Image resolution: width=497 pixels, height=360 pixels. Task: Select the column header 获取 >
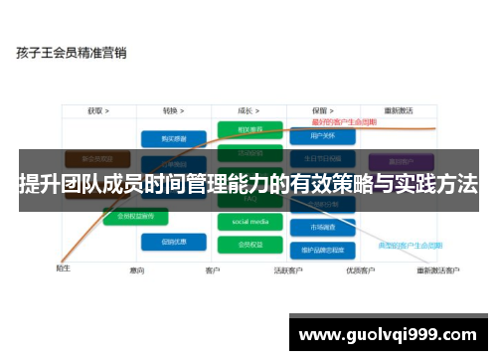click(x=97, y=111)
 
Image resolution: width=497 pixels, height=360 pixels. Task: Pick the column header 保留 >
click(x=320, y=111)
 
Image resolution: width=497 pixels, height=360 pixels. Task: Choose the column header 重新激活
click(x=398, y=111)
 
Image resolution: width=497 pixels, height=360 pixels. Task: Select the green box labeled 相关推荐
click(x=244, y=130)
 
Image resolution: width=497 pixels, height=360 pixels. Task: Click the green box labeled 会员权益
click(x=244, y=244)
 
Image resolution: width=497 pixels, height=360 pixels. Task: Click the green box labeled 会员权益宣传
click(x=136, y=215)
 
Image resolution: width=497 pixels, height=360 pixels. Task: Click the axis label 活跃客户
click(x=289, y=270)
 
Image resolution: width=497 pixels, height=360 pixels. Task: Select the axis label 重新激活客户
click(x=437, y=270)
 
